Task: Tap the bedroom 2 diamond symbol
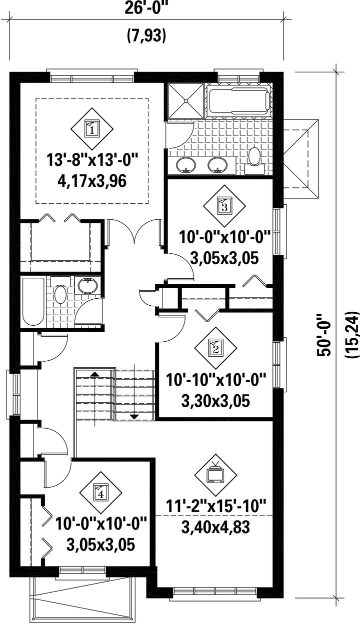(x=215, y=348)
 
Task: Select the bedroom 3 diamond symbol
(x=224, y=206)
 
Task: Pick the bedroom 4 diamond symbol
(x=100, y=493)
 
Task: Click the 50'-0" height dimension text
(x=323, y=339)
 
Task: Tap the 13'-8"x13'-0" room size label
(x=92, y=161)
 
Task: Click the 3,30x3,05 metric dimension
(x=215, y=401)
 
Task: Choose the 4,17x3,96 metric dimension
(x=92, y=181)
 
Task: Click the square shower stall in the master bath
(x=185, y=102)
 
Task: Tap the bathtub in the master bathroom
(x=239, y=101)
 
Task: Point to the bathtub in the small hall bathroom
(x=33, y=301)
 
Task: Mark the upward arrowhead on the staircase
(x=95, y=374)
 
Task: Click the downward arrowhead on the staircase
(x=134, y=417)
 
